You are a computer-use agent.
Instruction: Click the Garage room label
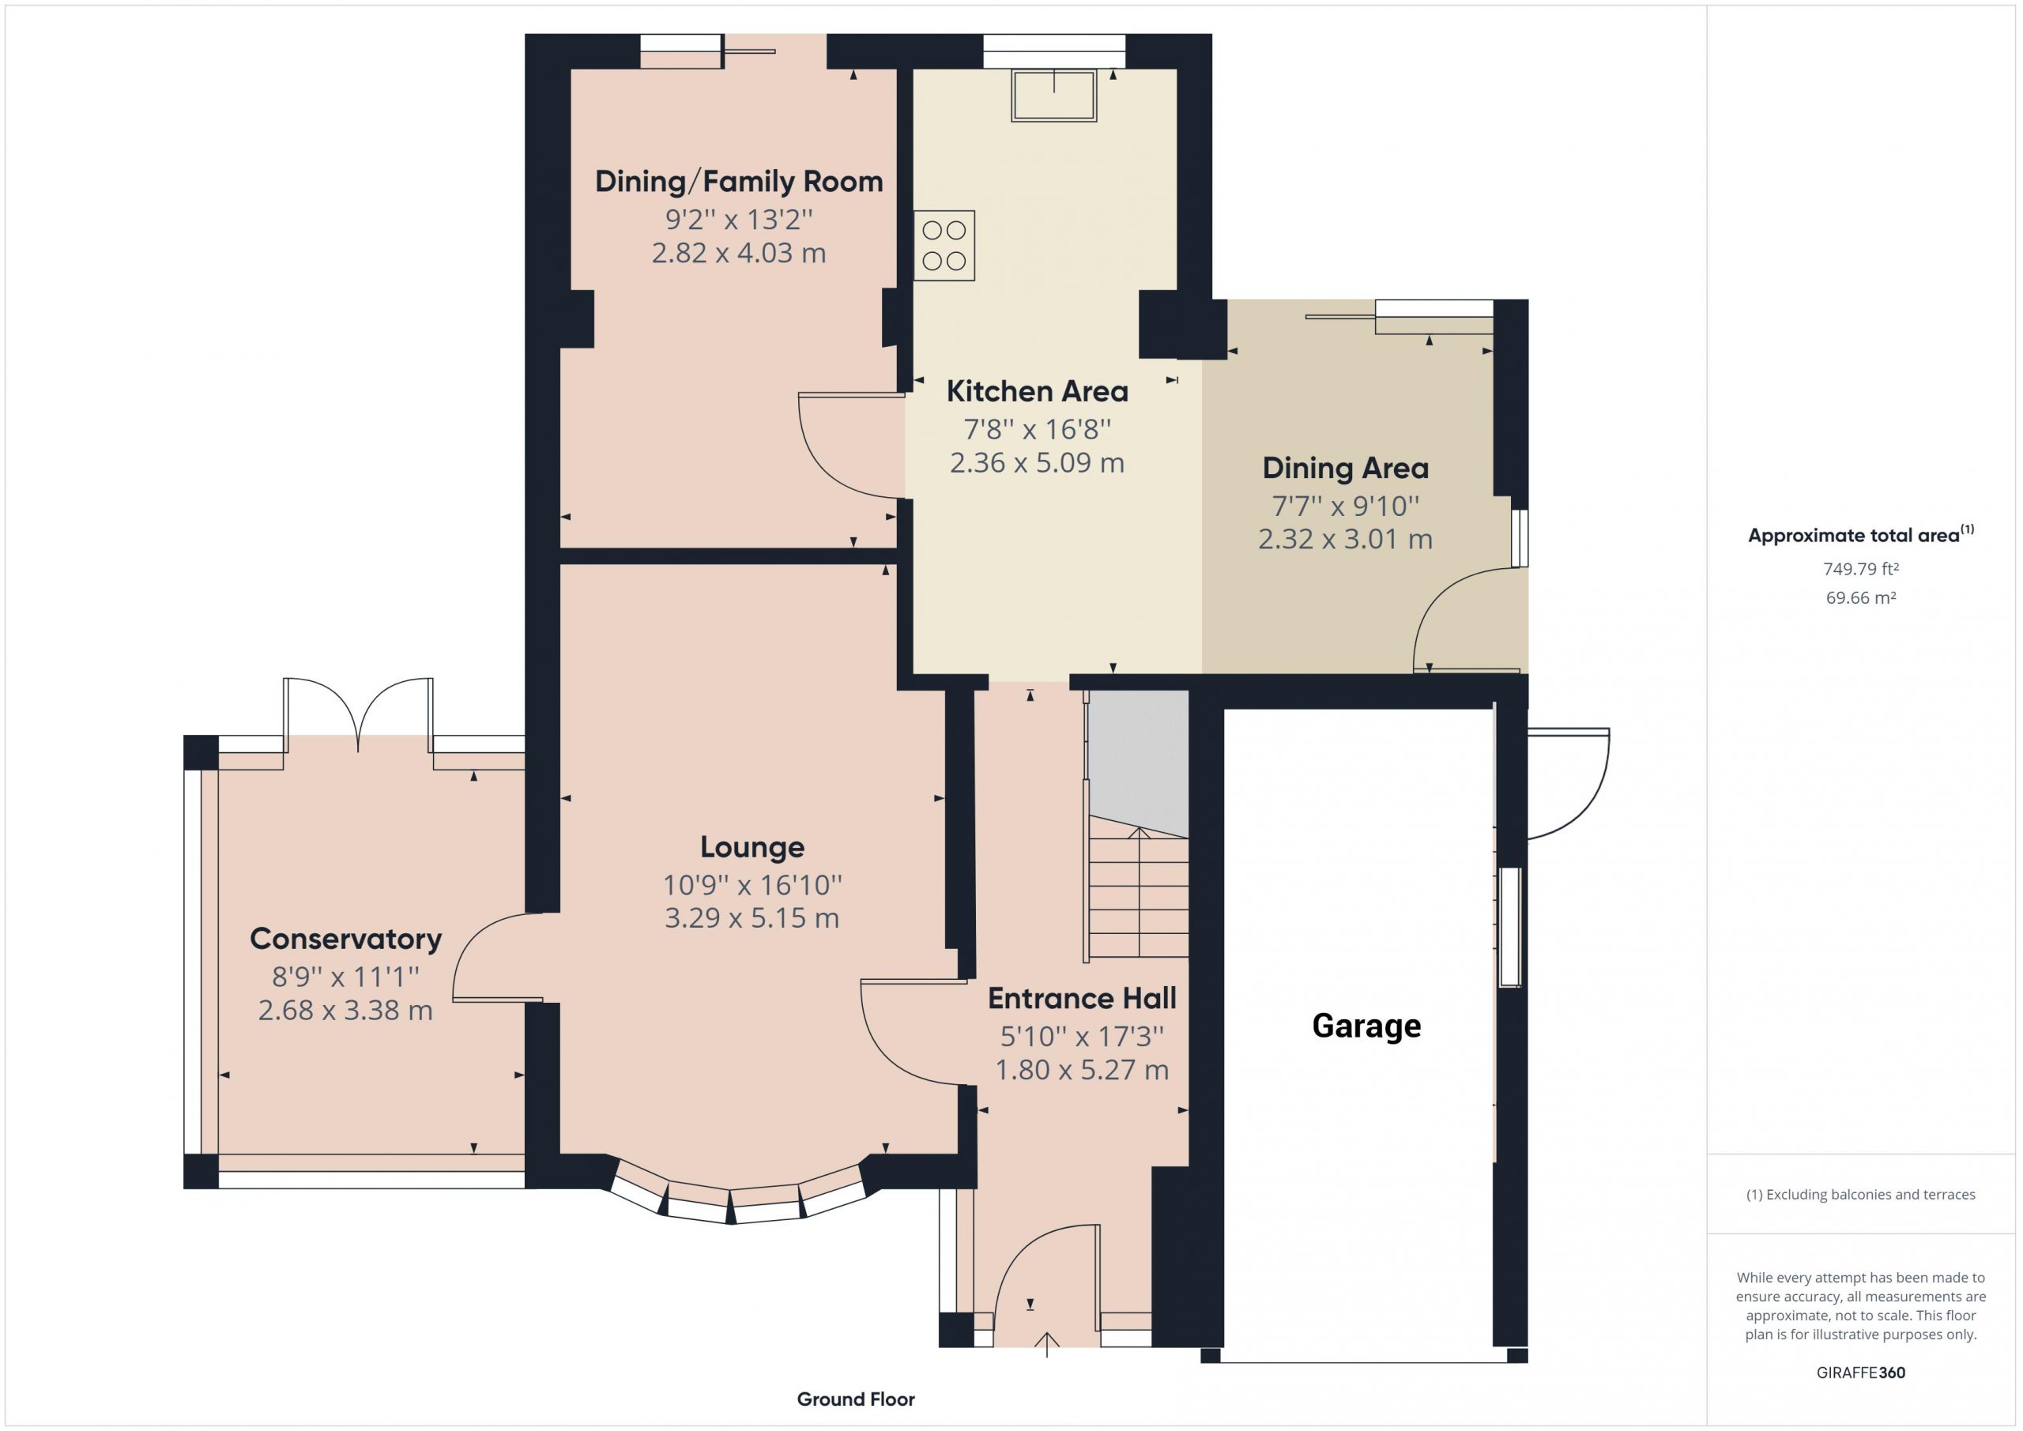[x=1366, y=1026]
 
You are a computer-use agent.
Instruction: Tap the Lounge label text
[x=752, y=847]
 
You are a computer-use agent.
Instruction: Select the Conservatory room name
[x=345, y=939]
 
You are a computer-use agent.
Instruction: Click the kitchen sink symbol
[x=1055, y=94]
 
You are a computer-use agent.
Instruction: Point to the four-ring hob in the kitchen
[x=944, y=245]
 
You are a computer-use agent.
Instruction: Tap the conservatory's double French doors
[x=358, y=716]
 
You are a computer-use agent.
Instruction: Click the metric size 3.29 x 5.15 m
[x=752, y=917]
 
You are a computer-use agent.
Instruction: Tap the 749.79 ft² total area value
[x=1860, y=569]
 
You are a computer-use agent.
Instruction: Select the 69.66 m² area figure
[x=1860, y=597]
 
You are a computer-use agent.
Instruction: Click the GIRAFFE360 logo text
[x=1860, y=1372]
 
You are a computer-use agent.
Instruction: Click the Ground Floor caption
[x=856, y=1399]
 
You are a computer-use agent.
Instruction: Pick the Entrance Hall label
[x=1082, y=998]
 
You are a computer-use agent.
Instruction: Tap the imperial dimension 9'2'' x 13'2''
[x=738, y=219]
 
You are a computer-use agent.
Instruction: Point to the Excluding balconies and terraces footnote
[x=1860, y=1195]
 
